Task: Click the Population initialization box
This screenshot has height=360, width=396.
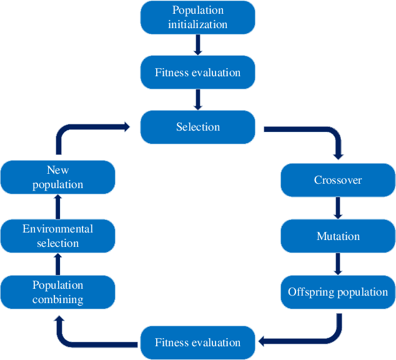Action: click(197, 17)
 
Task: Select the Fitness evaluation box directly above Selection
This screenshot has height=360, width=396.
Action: click(197, 72)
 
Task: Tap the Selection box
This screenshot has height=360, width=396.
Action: click(197, 127)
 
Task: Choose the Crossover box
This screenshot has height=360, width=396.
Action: click(338, 181)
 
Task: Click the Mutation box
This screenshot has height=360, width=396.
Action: click(338, 236)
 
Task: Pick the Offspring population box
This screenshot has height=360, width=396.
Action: click(338, 292)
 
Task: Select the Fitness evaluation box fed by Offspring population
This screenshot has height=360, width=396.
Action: click(197, 342)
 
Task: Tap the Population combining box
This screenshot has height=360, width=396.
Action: click(58, 292)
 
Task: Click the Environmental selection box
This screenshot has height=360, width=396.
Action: click(58, 236)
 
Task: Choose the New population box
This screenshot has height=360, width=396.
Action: click(58, 177)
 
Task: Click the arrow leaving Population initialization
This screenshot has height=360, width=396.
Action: click(197, 45)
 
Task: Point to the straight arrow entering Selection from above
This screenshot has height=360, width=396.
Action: click(197, 99)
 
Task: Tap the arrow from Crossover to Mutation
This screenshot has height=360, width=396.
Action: click(338, 208)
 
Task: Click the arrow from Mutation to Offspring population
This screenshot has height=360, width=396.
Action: click(338, 264)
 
